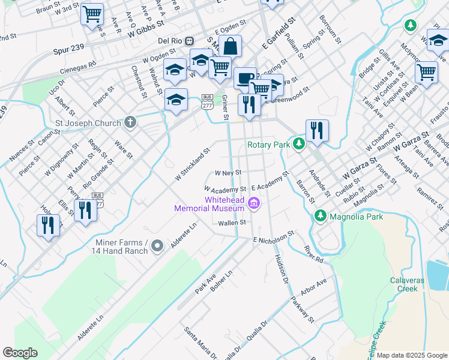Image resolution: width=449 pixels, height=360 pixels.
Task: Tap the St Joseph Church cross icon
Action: pyautogui.click(x=131, y=122)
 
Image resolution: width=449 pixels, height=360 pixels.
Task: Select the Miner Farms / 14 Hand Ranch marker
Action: pyautogui.click(x=157, y=245)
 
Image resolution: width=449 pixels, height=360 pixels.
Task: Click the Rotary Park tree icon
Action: pyautogui.click(x=298, y=144)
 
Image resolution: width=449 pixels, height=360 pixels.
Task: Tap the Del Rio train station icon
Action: pyautogui.click(x=190, y=41)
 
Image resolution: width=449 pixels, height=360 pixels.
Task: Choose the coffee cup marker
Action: pyautogui.click(x=244, y=79)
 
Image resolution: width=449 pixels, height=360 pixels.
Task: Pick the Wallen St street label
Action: pyautogui.click(x=232, y=223)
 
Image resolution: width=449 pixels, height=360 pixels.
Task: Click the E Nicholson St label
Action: pyautogui.click(x=273, y=236)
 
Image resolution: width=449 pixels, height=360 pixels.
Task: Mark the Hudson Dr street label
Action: pyautogui.click(x=281, y=266)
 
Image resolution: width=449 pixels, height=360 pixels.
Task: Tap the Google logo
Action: pyautogui.click(x=20, y=353)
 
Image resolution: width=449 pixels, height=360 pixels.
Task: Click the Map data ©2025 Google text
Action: pyautogui.click(x=412, y=355)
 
